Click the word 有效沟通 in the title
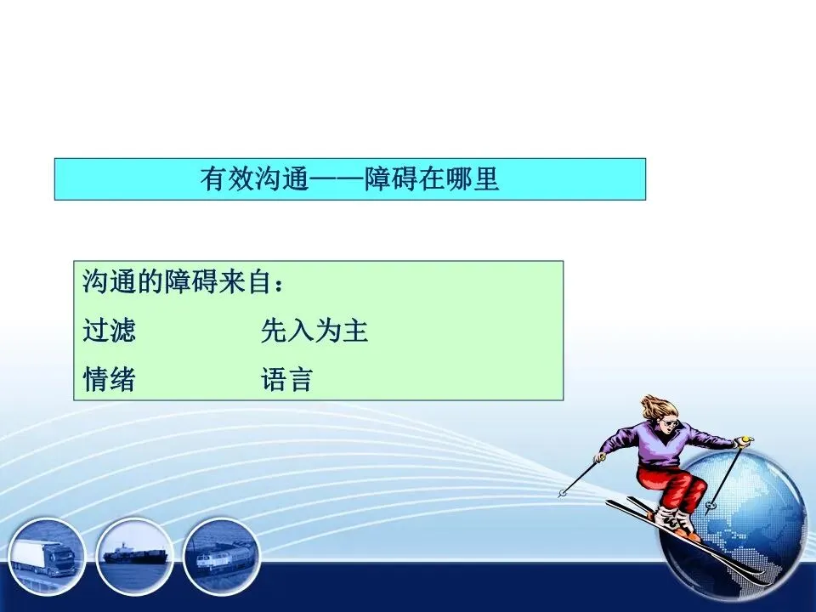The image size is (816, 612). click(x=254, y=179)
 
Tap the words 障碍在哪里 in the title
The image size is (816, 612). click(x=432, y=179)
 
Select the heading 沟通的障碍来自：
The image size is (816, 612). click(x=184, y=282)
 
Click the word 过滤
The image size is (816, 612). click(x=110, y=331)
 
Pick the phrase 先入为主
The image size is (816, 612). click(x=314, y=331)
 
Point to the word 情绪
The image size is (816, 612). click(x=110, y=379)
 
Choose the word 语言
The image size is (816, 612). click(x=286, y=379)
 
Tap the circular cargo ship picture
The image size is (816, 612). click(x=134, y=556)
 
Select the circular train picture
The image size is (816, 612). click(x=222, y=556)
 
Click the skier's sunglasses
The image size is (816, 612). click(x=669, y=423)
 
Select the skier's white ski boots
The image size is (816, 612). click(x=674, y=520)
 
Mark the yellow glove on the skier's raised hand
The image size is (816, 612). click(x=745, y=442)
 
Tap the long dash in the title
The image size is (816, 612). click(x=337, y=180)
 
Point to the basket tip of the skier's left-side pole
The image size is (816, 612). click(x=562, y=493)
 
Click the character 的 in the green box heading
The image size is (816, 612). click(x=150, y=282)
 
